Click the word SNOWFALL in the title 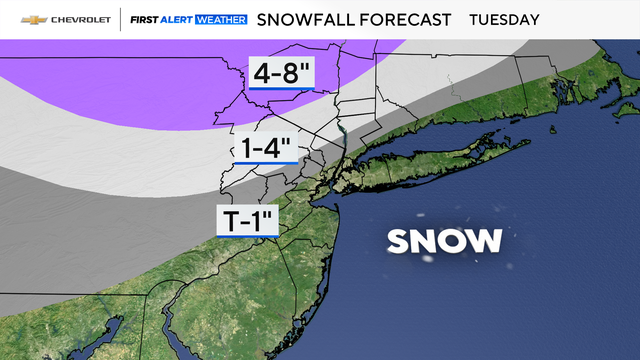pos(303,19)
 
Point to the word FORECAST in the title pos(401,19)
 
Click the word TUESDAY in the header pos(504,19)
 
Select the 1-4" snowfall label pos(264,148)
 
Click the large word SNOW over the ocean pos(444,240)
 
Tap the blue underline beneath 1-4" pos(264,163)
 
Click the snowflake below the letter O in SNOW pos(428,259)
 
